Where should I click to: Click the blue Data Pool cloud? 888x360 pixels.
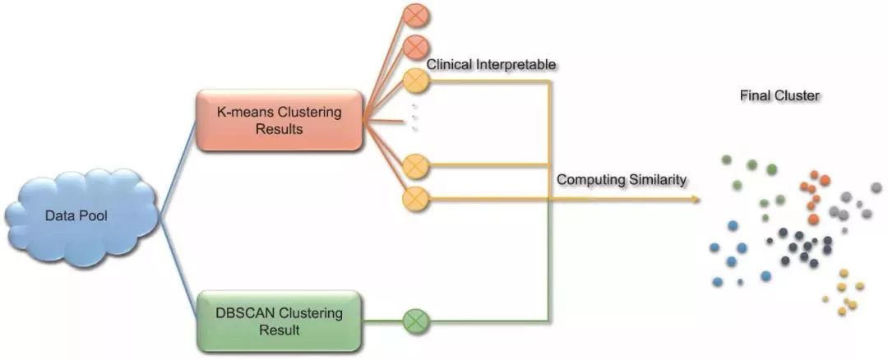point(81,216)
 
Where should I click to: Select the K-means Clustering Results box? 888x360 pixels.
point(279,120)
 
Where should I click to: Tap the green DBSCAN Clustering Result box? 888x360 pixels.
point(279,321)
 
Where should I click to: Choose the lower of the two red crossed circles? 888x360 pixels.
point(415,47)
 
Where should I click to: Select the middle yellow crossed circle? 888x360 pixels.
point(415,166)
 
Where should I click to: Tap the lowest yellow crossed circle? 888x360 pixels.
point(415,197)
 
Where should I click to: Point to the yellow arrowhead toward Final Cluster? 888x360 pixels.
point(697,198)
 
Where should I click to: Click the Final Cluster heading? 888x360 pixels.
point(779,96)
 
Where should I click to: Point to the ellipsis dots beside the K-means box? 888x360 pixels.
point(414,118)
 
